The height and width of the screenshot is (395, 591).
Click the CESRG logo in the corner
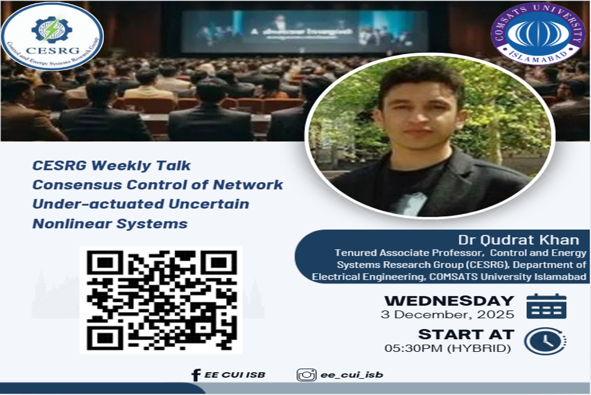pos(52,37)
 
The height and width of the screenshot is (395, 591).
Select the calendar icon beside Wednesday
pos(546,306)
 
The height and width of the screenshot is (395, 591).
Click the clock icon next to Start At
pos(545,341)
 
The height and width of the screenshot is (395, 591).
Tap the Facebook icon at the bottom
pos(196,375)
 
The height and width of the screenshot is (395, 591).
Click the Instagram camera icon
pos(307,375)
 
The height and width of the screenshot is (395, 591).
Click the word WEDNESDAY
pos(449,301)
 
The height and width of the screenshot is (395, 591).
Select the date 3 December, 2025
pos(448,314)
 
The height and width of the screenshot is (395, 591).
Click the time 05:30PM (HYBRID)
pos(448,348)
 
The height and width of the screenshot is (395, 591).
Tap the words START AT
pos(466,334)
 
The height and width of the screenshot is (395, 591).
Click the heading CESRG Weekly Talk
pos(112,164)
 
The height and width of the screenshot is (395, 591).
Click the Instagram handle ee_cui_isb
pos(352,375)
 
